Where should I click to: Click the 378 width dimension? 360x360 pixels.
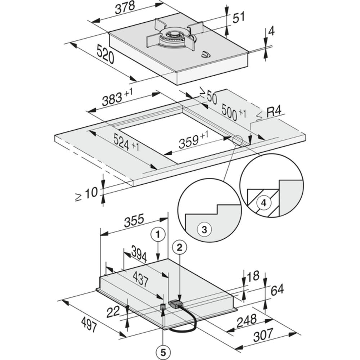[x=125, y=7]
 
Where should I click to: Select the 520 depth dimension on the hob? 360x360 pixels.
[x=105, y=54]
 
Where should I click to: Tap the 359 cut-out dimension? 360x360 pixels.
[x=193, y=140]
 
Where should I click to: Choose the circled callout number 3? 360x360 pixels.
[x=204, y=229]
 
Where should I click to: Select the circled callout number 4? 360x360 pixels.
[x=264, y=203]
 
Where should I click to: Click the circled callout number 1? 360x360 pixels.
[x=158, y=235]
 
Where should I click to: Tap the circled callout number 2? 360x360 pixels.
[x=179, y=247]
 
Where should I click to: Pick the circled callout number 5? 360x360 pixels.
[x=163, y=353]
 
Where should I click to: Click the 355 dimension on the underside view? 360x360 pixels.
[x=134, y=220]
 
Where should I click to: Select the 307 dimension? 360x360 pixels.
[x=263, y=336]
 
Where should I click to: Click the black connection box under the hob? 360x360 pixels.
[x=176, y=304]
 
